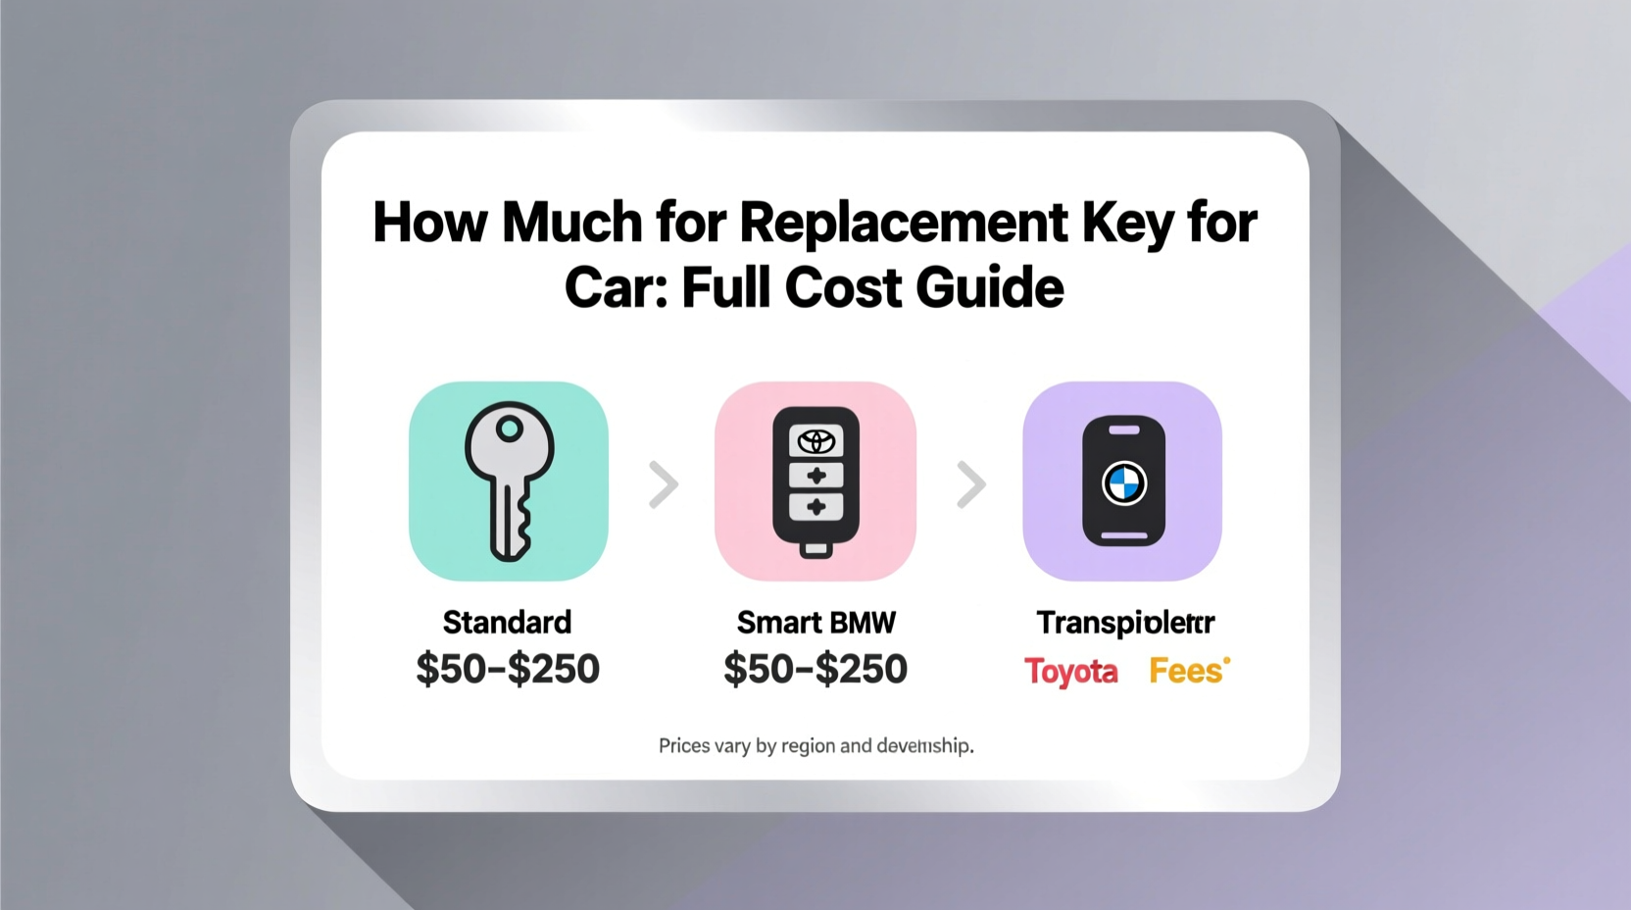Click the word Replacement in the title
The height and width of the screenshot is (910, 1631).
[903, 223]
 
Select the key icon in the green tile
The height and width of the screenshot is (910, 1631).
[509, 480]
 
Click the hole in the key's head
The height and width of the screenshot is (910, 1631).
[509, 429]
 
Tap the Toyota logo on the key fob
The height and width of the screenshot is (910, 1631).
[815, 441]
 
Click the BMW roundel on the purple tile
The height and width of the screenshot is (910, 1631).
[1123, 483]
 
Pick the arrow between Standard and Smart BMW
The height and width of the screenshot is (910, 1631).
[664, 484]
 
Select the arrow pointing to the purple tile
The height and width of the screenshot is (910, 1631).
[970, 484]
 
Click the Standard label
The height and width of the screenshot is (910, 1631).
[507, 623]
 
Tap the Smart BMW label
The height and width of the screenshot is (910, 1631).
[815, 623]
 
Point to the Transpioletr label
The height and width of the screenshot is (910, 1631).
[1125, 623]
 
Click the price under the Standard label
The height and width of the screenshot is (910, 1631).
[507, 670]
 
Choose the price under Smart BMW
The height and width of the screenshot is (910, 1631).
[815, 670]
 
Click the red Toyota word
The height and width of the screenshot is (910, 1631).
[1070, 672]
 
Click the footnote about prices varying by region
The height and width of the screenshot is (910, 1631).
[815, 746]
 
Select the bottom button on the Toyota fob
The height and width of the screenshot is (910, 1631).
[815, 508]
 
